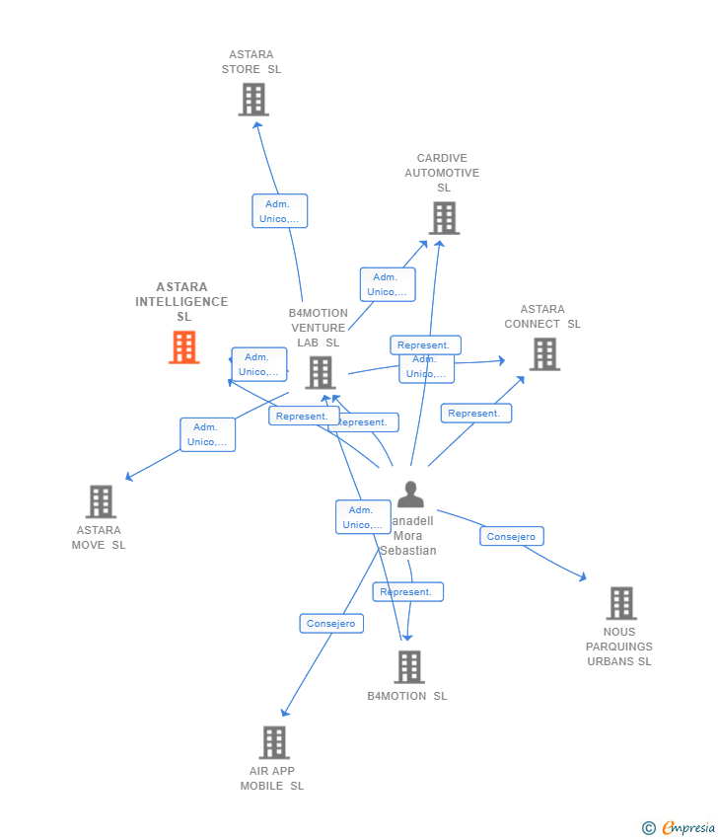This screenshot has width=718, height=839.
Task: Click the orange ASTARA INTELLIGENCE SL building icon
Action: [184, 347]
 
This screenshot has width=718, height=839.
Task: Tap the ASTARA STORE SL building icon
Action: [253, 100]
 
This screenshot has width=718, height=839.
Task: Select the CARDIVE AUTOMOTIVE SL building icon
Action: [444, 218]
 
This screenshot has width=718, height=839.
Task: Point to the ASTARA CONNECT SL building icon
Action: [544, 354]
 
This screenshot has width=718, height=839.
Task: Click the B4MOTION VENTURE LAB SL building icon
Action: [321, 373]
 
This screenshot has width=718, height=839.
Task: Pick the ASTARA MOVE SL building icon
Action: [101, 501]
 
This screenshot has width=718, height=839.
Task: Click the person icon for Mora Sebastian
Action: [410, 495]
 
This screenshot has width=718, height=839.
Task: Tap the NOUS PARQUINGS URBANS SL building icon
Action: [621, 603]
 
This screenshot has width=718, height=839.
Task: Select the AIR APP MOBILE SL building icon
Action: [274, 742]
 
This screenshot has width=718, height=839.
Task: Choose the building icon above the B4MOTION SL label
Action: [409, 667]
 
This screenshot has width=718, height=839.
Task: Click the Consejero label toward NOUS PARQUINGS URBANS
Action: [512, 537]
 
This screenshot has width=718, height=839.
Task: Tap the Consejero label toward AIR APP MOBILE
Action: [331, 624]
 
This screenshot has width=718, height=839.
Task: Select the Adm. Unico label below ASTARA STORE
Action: [280, 211]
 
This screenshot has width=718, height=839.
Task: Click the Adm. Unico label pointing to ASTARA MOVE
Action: [207, 434]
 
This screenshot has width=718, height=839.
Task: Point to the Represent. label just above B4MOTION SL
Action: [407, 592]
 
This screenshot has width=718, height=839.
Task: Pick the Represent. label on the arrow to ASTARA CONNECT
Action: [476, 414]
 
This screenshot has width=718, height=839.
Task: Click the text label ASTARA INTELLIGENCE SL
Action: [182, 301]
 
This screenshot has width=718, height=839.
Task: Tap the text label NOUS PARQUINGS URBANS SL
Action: [619, 647]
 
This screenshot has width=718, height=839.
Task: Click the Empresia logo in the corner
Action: [679, 828]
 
